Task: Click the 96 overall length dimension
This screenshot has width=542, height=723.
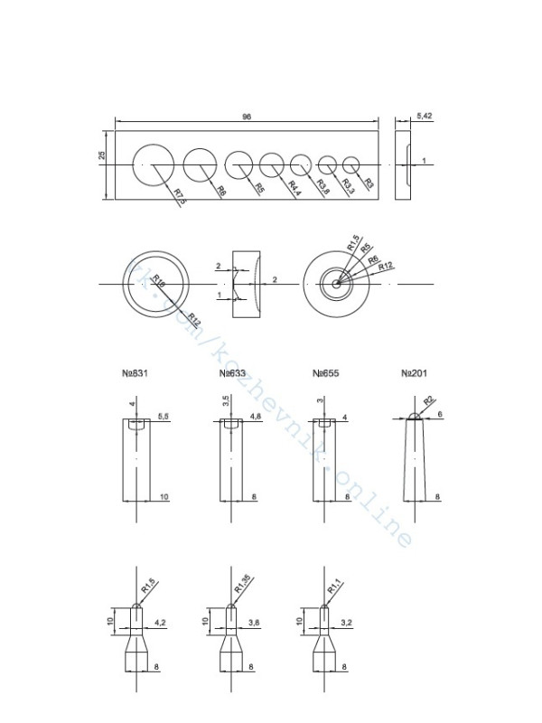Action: [246, 117]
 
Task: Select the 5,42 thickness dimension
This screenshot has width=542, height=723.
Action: [425, 117]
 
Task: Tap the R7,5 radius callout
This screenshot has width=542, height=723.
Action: [178, 197]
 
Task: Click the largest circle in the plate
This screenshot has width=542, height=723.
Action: [153, 164]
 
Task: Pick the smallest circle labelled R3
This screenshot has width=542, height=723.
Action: [351, 164]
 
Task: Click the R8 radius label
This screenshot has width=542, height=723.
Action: [220, 191]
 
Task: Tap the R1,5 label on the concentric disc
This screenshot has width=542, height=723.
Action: [351, 243]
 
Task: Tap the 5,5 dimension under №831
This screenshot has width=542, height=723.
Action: [164, 416]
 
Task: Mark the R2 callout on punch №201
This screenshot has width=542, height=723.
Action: [428, 399]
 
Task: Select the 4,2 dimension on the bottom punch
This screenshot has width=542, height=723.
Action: [161, 623]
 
